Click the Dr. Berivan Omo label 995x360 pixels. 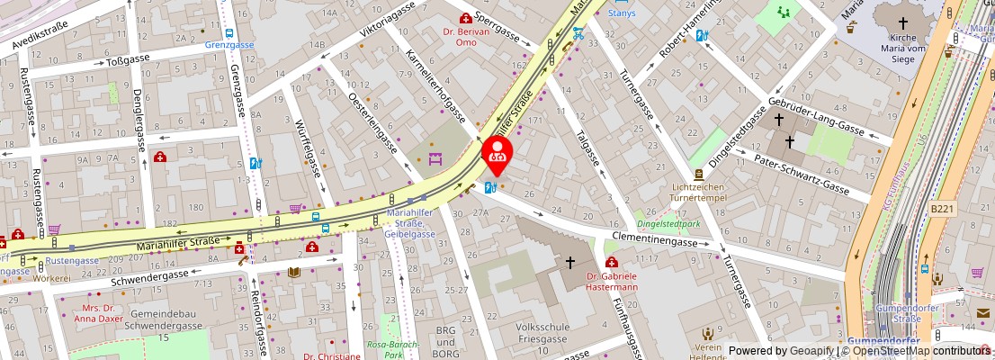tap(465, 36)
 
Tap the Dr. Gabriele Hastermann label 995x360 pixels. tap(611, 282)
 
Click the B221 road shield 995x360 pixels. tap(941, 209)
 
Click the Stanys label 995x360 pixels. tap(621, 13)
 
